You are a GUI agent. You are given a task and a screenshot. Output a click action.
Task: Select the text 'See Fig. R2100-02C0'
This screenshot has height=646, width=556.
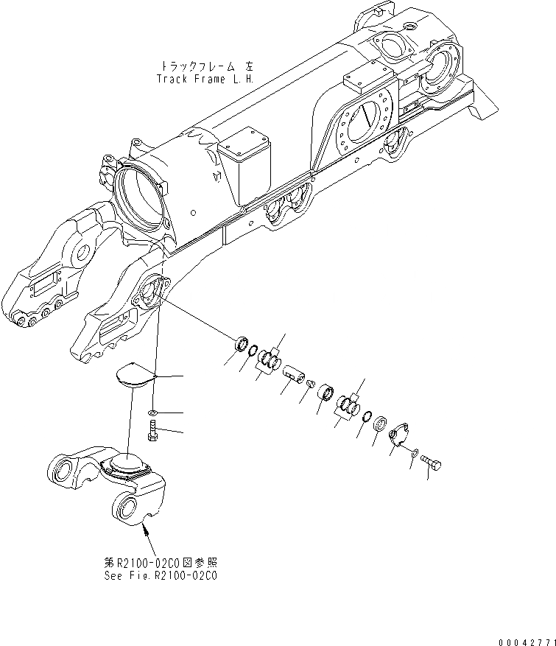161,575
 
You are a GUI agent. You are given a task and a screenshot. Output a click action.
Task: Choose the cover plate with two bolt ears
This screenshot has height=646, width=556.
400,435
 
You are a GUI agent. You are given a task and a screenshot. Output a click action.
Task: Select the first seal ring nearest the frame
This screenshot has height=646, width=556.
239,343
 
